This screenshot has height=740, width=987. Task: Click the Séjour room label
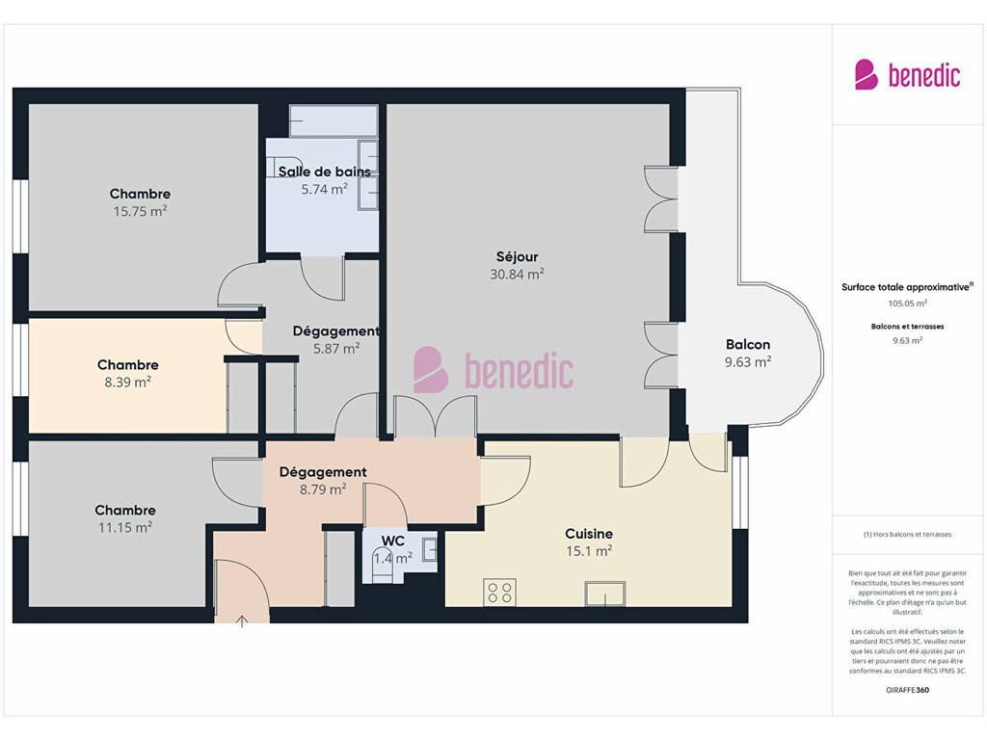coord(517,256)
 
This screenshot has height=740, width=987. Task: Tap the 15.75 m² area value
coord(140,211)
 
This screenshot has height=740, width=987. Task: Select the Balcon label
coord(748,344)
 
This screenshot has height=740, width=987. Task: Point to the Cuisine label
coord(589,534)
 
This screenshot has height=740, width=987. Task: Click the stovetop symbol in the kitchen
coord(500,593)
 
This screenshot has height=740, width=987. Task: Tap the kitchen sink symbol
coord(605,594)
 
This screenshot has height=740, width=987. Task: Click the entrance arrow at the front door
coord(242,621)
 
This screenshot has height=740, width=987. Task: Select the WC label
coord(393,542)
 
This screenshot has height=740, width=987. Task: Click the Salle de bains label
coord(324,172)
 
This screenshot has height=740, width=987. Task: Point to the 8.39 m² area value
coord(128,382)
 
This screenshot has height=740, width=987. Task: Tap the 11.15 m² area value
coord(124,527)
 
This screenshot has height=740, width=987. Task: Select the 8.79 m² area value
coord(323,489)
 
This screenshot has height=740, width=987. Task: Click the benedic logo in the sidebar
coord(908,75)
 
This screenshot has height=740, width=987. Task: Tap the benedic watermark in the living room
coord(493,369)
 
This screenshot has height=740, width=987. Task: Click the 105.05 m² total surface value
coord(908,304)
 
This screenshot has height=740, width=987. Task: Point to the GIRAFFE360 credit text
coord(907,690)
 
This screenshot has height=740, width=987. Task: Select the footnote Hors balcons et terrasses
coord(907,534)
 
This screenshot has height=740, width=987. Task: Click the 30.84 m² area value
coord(517,275)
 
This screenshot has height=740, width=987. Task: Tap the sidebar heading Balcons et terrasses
coord(907,327)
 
